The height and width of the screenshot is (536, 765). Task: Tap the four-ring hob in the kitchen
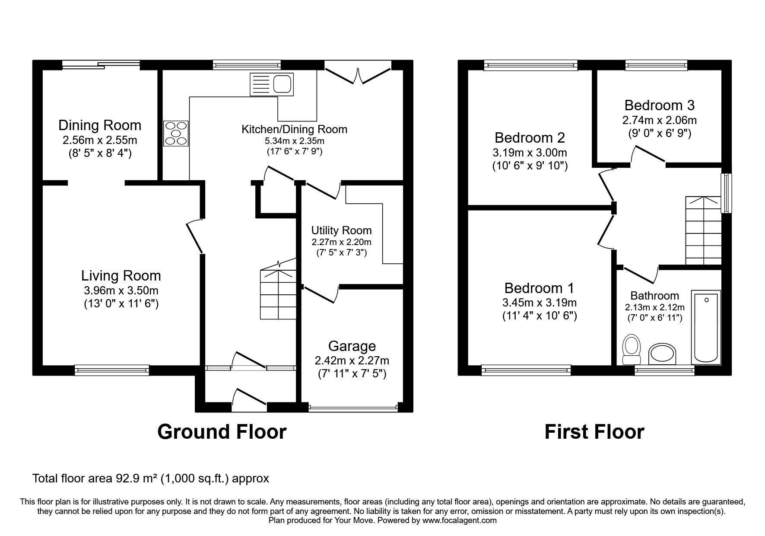176,133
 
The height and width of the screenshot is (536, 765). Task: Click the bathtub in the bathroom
706,327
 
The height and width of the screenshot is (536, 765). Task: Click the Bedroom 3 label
659,105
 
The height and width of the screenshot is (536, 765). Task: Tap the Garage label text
352,346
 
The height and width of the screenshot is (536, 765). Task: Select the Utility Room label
341,230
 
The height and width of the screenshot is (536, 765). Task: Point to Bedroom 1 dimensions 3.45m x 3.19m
540,303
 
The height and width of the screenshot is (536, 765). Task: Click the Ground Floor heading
222,431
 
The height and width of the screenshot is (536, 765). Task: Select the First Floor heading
594,431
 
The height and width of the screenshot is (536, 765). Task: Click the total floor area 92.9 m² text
151,479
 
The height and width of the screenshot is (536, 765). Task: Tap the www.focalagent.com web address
459,520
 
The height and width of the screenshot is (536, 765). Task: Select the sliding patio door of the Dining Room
101,65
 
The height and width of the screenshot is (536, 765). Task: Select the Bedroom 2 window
530,65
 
